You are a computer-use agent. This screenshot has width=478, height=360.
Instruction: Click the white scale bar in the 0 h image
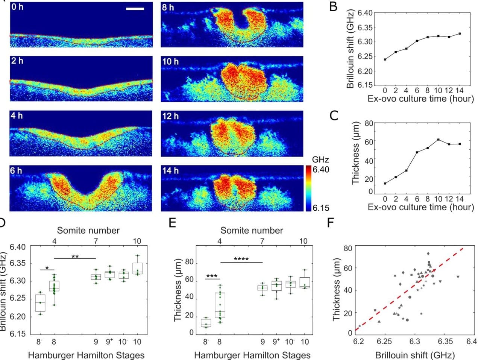135,8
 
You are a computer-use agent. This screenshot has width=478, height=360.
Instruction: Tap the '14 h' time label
170,171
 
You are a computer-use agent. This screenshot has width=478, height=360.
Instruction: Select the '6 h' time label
16,171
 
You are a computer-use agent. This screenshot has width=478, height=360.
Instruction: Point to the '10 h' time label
170,61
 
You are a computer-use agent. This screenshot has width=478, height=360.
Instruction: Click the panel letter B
333,7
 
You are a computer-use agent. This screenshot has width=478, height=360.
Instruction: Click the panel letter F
331,223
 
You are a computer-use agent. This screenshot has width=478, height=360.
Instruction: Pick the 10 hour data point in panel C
439,140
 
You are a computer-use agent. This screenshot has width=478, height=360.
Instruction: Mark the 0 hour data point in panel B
385,59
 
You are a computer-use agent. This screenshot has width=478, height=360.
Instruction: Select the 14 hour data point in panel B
460,34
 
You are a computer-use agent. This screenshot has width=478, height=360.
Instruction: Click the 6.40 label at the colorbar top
321,170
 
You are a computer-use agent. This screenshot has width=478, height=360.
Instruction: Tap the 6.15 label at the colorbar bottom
321,207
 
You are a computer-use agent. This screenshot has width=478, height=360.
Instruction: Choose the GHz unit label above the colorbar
320,159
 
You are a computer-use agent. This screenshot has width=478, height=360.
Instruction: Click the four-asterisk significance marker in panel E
241,259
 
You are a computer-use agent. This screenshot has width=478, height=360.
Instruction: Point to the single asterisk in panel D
47,268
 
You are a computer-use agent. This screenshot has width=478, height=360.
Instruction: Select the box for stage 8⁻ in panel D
40,303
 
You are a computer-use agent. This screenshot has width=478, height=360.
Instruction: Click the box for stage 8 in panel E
220,305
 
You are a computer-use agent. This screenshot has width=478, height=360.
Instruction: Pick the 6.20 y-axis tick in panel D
18,317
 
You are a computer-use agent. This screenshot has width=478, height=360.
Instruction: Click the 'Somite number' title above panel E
252,230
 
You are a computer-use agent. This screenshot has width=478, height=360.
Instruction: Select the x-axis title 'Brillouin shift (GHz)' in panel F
415,355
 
